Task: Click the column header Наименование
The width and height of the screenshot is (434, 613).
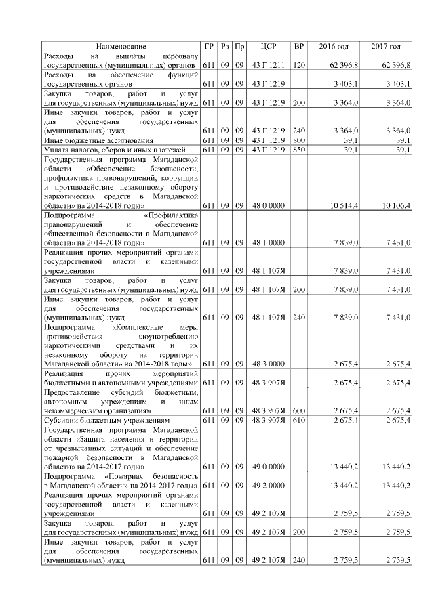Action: [121, 46]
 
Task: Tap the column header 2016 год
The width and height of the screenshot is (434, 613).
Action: [333, 46]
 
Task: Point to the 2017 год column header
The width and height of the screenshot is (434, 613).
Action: [386, 46]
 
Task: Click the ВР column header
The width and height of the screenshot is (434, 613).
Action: [298, 46]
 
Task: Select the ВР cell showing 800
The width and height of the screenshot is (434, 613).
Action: [298, 140]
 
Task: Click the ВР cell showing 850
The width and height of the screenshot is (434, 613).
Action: [298, 149]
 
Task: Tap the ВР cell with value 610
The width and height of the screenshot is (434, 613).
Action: [298, 421]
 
